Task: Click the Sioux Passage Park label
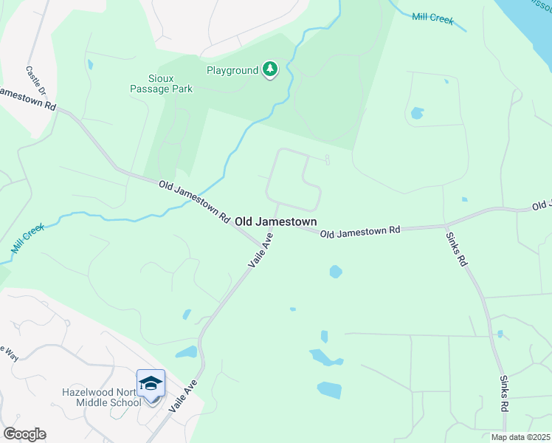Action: pyautogui.click(x=161, y=83)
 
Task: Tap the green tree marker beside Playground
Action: pyautogui.click(x=270, y=70)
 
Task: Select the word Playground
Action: pyautogui.click(x=232, y=71)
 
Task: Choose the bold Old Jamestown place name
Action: pyautogui.click(x=277, y=221)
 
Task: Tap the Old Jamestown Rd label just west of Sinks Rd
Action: pyautogui.click(x=360, y=232)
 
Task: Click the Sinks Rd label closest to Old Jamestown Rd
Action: pyautogui.click(x=458, y=250)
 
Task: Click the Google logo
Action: pyautogui.click(x=24, y=434)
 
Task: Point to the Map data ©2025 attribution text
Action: pyautogui.click(x=520, y=437)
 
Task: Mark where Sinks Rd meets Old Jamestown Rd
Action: pyautogui.click(x=446, y=225)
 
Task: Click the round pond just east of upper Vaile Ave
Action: pyautogui.click(x=336, y=271)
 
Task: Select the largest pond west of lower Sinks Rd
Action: pyautogui.click(x=329, y=389)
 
